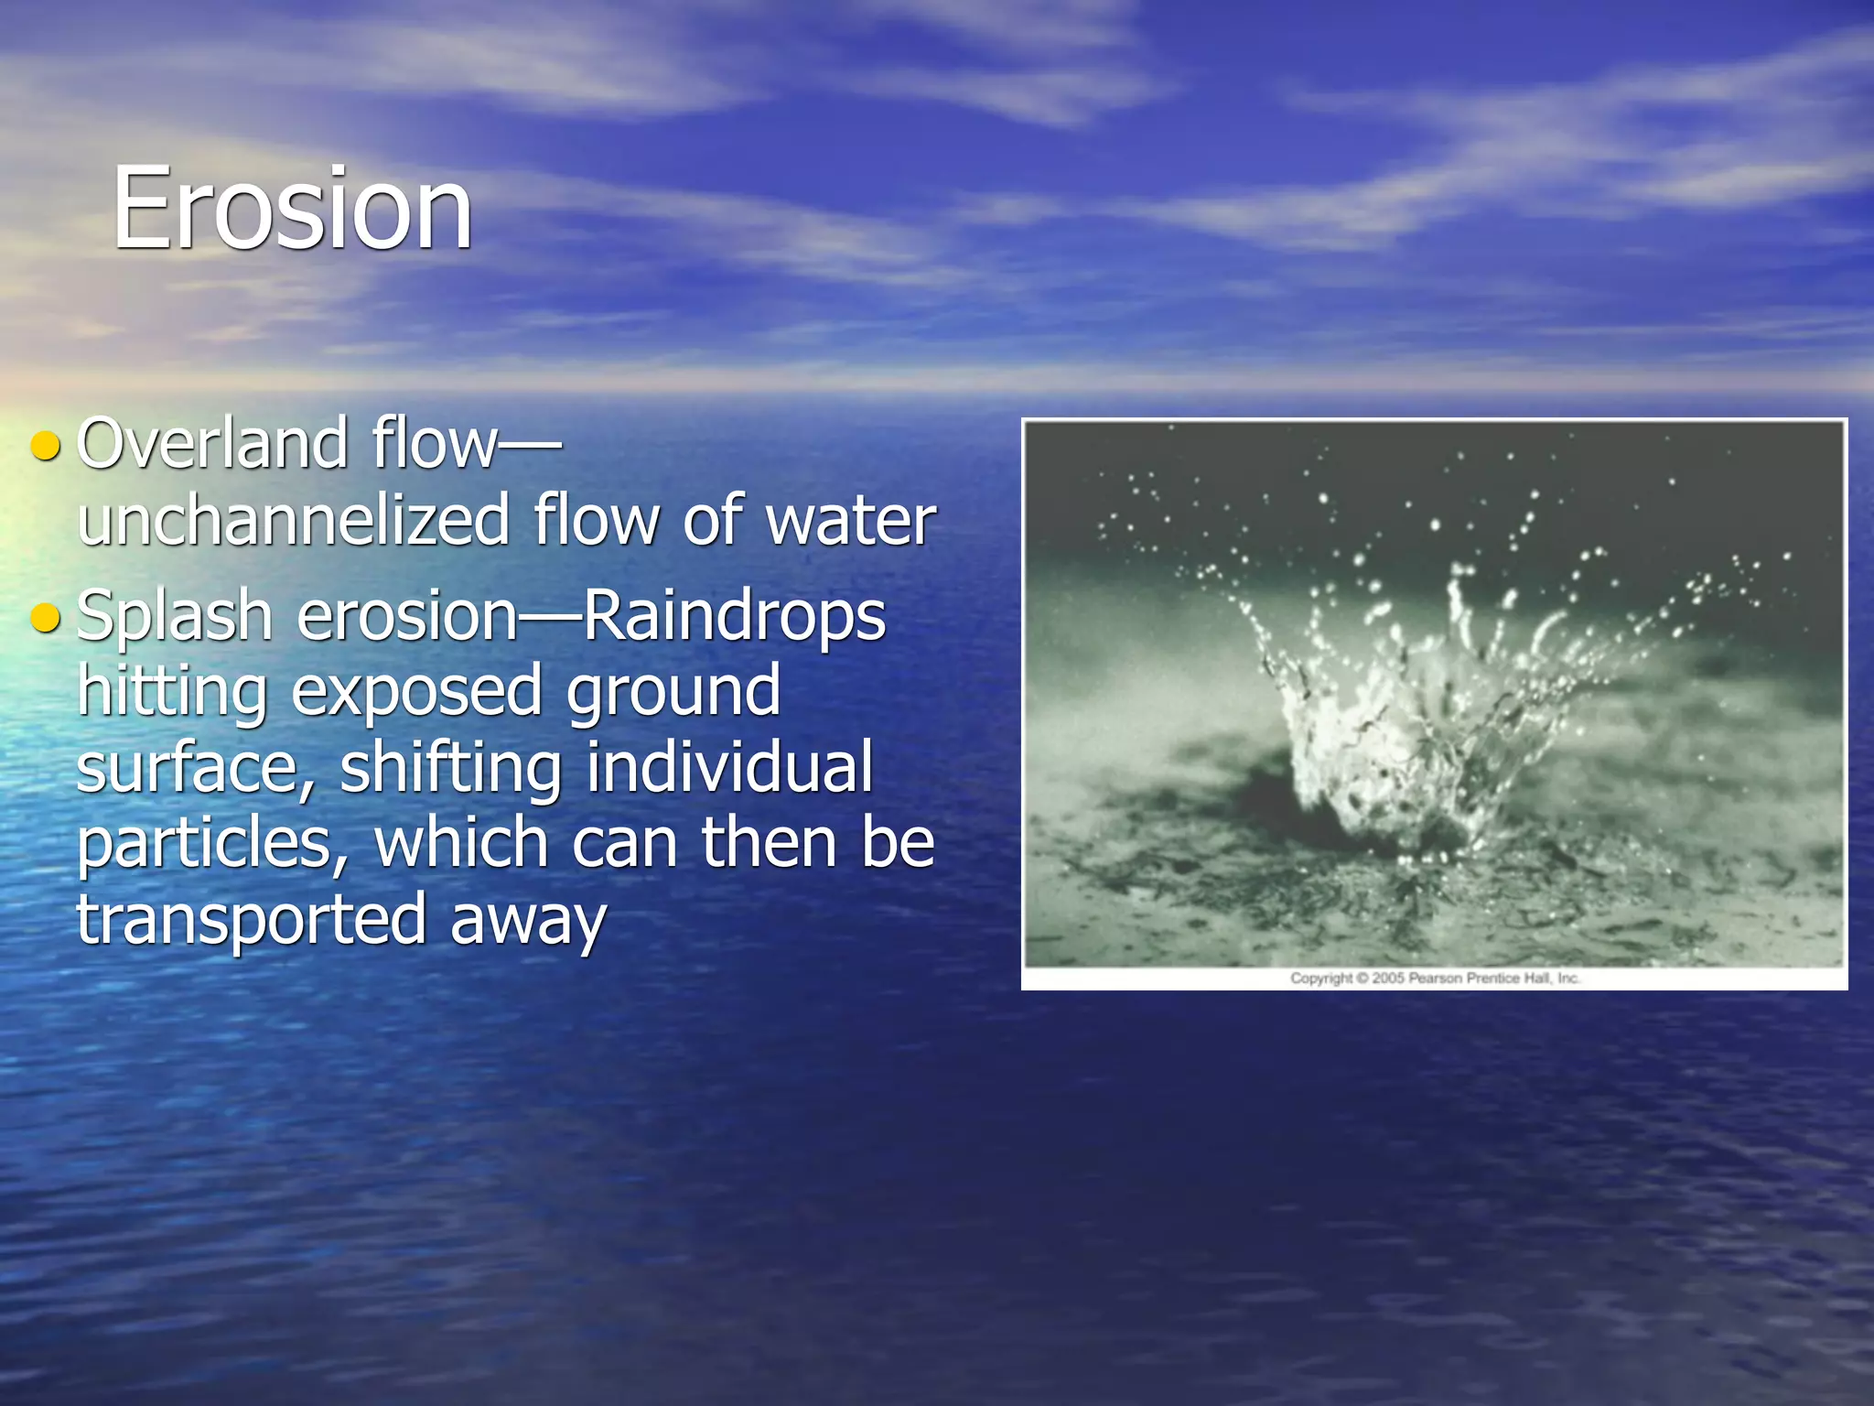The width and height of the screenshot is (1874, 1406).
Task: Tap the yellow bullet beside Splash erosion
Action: [x=45, y=618]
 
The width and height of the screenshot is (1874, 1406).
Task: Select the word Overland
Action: [x=212, y=444]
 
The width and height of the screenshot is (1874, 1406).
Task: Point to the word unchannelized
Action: [x=293, y=520]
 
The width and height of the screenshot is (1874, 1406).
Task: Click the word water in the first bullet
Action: [x=850, y=520]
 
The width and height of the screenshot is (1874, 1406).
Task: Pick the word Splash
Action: [x=174, y=618]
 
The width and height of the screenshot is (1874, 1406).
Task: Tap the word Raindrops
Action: [x=734, y=618]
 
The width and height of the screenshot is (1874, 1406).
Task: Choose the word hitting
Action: [x=171, y=693]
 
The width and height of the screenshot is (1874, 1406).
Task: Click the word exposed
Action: [x=416, y=693]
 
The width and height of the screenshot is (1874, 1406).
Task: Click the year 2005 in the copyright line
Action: [x=1387, y=979]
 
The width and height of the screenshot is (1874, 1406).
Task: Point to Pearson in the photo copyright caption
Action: [x=1436, y=979]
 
